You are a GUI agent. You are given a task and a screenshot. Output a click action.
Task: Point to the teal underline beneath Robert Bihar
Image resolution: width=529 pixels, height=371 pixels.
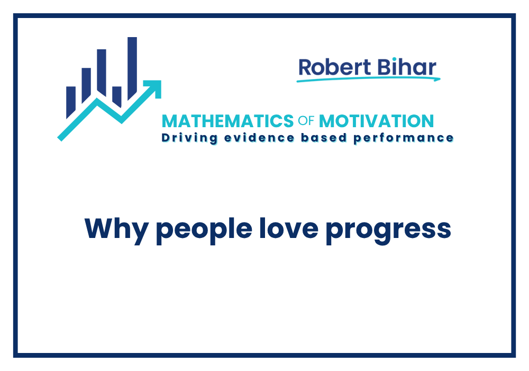(x=368, y=79)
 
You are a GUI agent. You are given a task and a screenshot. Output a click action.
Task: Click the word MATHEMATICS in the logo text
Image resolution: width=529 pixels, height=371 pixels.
(x=227, y=121)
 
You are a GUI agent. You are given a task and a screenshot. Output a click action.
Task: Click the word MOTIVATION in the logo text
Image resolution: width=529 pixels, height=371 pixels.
(x=376, y=121)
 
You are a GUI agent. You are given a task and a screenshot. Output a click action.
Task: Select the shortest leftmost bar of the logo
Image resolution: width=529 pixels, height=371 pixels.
(x=71, y=101)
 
